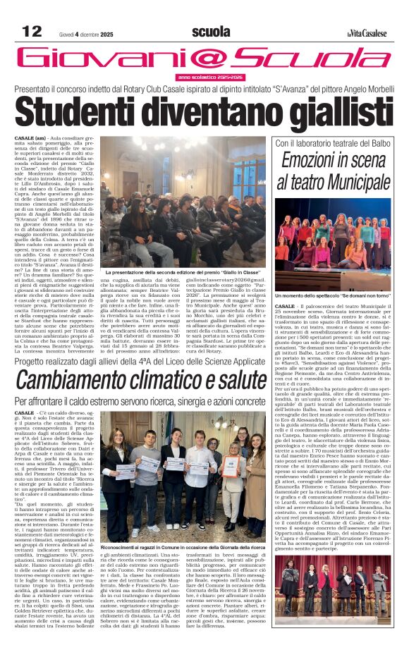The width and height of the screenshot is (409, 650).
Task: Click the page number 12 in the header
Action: coord(32,32)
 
